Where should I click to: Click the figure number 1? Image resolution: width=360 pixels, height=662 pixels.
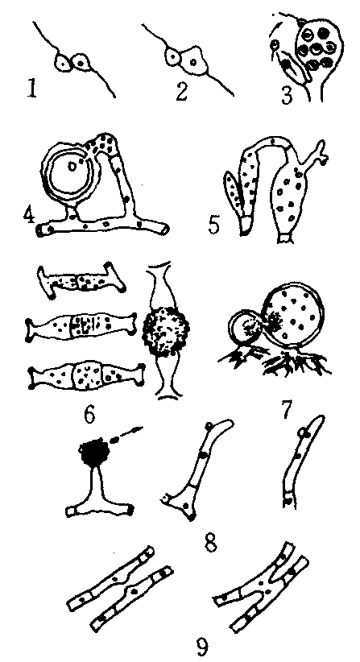click(32, 88)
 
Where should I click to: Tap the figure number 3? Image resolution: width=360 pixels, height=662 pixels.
click(287, 94)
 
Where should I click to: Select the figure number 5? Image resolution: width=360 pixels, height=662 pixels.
click(215, 225)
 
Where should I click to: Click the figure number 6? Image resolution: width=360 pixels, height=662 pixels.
click(89, 415)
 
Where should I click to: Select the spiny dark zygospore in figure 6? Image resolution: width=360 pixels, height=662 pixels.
click(165, 331)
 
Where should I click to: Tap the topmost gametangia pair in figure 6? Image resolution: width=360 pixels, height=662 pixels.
click(81, 280)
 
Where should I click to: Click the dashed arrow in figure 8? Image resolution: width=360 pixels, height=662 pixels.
click(126, 435)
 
